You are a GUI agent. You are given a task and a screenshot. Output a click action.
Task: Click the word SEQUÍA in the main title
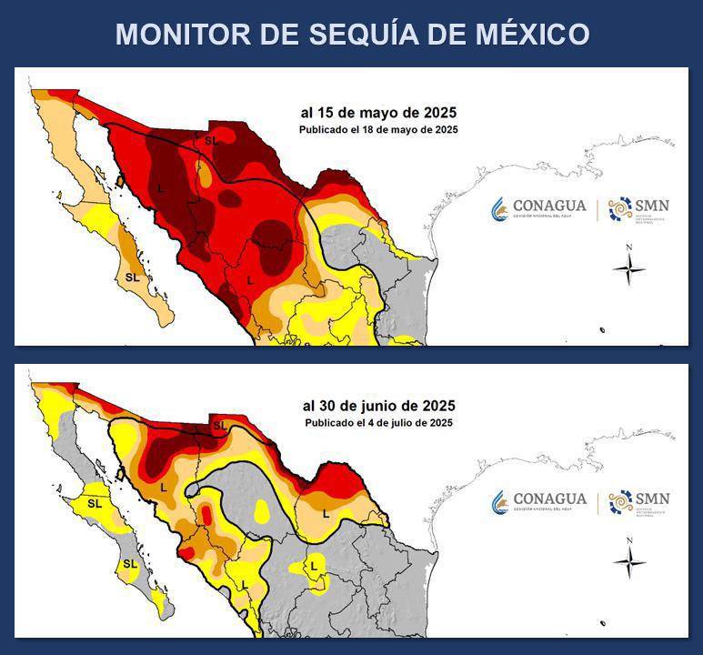click(387, 35)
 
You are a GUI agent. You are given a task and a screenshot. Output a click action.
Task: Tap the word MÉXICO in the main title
click(532, 35)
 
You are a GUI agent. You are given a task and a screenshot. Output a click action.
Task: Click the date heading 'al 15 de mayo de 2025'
click(378, 114)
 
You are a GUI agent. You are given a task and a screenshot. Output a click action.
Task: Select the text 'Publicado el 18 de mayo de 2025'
click(378, 130)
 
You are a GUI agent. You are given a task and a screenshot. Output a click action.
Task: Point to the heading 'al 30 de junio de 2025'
click(378, 406)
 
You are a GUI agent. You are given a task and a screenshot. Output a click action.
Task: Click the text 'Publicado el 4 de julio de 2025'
click(378, 422)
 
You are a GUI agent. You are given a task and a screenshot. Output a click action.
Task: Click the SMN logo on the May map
click(639, 209)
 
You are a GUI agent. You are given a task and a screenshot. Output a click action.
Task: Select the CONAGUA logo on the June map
click(539, 501)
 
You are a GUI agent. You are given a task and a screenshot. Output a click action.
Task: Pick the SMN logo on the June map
click(639, 501)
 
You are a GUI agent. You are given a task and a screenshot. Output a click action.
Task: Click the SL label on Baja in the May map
click(133, 277)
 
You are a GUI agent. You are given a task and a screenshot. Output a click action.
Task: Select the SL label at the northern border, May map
click(211, 141)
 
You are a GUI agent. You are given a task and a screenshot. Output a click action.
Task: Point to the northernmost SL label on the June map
click(219, 425)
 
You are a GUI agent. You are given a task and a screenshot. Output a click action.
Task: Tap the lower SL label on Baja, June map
click(130, 564)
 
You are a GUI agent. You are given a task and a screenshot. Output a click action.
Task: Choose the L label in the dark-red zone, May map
click(160, 187)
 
